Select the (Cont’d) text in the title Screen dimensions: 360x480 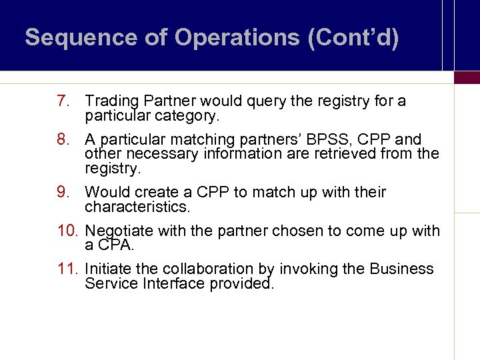coord(353,38)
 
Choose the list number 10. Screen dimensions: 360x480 coord(68,231)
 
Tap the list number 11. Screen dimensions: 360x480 coord(68,269)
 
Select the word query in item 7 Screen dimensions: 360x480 coord(267,101)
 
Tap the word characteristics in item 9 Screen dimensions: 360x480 coord(137,207)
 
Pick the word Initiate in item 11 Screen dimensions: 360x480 coord(104,269)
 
